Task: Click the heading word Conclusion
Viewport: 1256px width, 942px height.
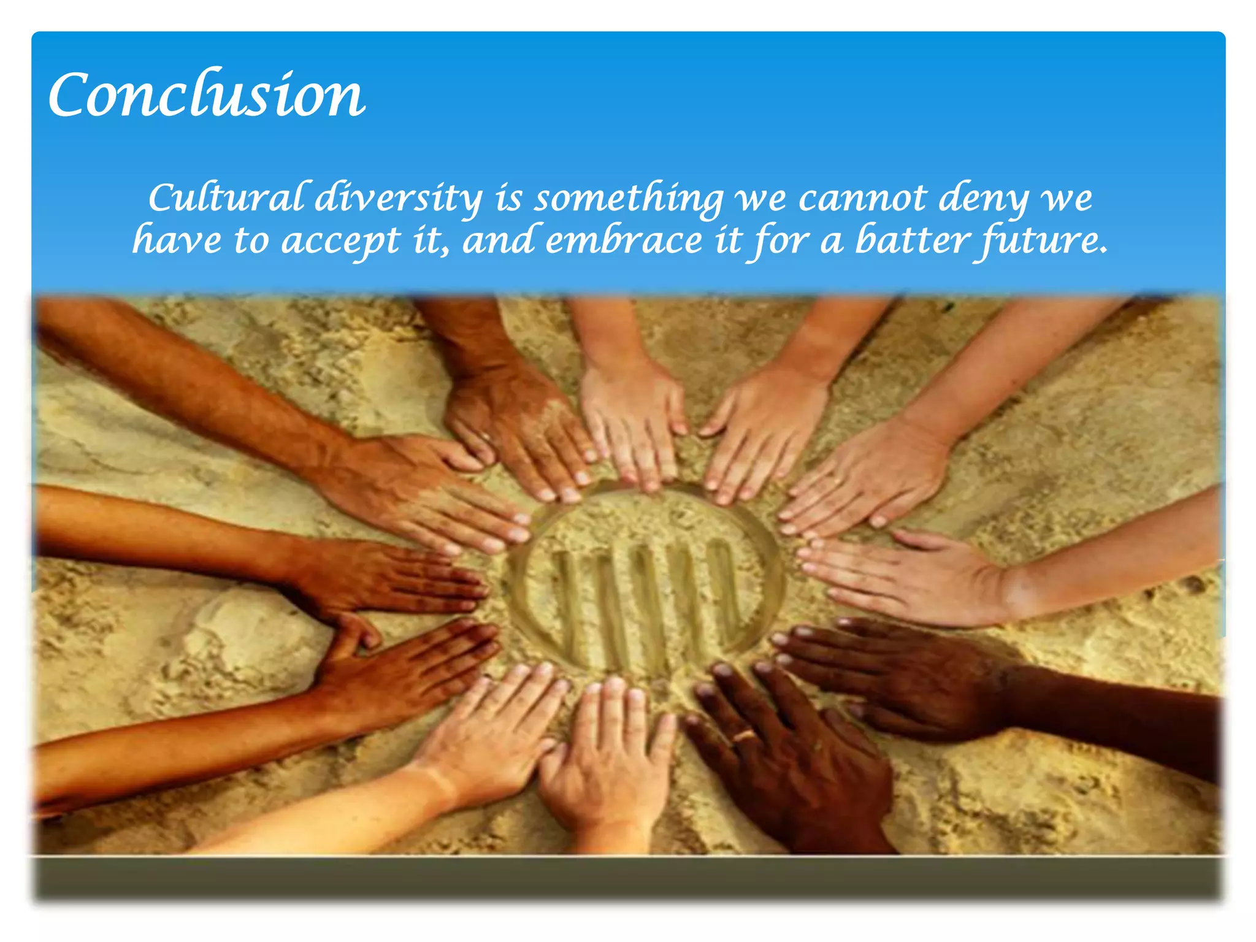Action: [x=207, y=95]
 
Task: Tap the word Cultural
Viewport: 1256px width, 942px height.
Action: [x=226, y=198]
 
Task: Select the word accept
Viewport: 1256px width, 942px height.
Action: [x=340, y=241]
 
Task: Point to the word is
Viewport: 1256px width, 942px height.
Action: [x=509, y=198]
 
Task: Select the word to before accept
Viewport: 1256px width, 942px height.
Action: [x=251, y=240]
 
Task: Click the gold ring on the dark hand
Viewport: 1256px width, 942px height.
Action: [x=745, y=735]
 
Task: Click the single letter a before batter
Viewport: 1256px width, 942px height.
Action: [x=832, y=241]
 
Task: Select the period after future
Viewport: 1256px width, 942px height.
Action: [x=1104, y=250]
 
